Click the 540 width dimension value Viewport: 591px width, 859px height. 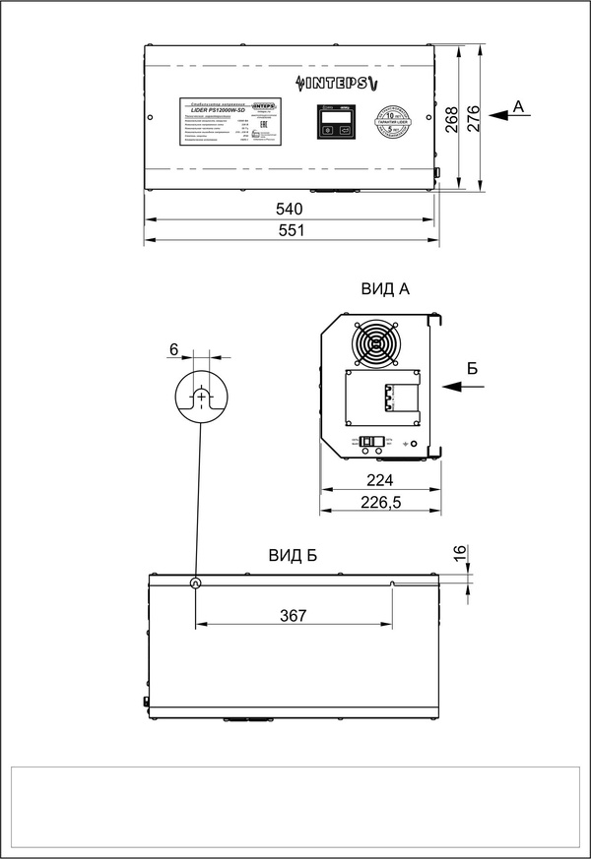coord(289,209)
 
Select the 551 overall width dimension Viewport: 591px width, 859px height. coord(289,229)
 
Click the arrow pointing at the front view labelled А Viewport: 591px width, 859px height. coord(504,116)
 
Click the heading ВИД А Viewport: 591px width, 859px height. coord(385,288)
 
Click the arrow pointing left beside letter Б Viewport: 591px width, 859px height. coord(463,387)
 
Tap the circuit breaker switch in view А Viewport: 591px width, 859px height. coord(371,443)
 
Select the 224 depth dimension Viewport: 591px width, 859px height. coord(379,480)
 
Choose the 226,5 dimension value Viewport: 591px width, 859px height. coord(379,503)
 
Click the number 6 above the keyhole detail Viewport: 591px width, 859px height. coord(174,349)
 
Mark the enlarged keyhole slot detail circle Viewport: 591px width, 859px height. coord(201,397)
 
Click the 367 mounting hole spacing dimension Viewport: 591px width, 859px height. coord(293,615)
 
